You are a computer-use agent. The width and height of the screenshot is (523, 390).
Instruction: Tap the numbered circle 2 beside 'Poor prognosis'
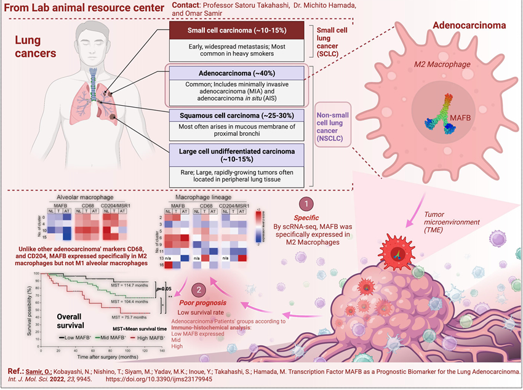click(198, 290)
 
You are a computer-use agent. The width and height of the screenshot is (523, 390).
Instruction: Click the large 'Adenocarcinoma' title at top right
click(469, 26)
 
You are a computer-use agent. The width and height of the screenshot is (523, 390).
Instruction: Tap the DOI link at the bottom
click(187, 381)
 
